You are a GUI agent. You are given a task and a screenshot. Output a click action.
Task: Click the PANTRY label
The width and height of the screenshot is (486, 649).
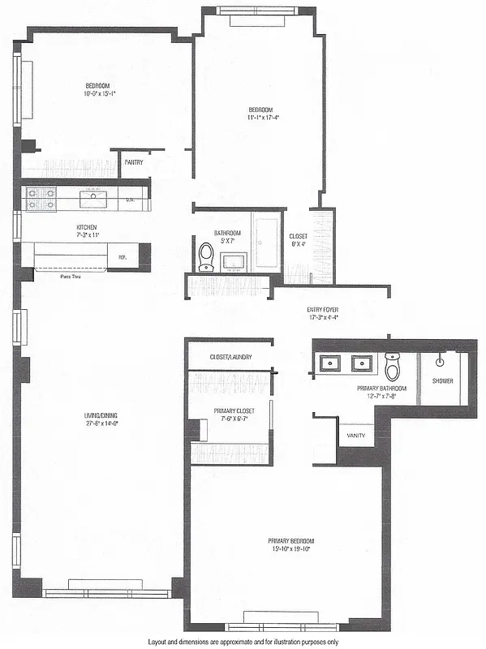pos(134,162)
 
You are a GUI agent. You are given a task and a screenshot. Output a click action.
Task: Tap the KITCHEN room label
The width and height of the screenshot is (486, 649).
pos(87,227)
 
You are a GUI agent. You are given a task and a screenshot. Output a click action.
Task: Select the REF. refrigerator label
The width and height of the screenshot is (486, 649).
pos(123,257)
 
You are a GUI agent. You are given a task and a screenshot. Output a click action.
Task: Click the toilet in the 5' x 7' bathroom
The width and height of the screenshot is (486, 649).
pos(205,256)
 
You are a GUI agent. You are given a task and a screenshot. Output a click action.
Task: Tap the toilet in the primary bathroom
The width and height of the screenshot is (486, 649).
pos(393,367)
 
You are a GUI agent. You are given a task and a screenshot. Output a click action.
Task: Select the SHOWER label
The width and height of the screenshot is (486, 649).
pos(443,380)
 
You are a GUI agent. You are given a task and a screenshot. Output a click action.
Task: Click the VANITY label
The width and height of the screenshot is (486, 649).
pos(355,436)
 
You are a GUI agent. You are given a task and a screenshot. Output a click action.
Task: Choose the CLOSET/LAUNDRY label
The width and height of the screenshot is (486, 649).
pos(231,356)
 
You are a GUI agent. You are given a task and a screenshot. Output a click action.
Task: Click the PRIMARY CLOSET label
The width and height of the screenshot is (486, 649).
pos(234,410)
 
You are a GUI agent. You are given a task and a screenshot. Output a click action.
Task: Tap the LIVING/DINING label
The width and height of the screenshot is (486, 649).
pos(96,417)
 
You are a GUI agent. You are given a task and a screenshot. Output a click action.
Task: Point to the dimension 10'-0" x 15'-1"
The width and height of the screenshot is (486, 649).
pos(99,93)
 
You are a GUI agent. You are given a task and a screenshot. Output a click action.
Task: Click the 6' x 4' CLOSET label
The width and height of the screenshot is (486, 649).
pos(299,237)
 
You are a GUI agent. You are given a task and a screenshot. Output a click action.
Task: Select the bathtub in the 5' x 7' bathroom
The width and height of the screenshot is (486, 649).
pos(266,241)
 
